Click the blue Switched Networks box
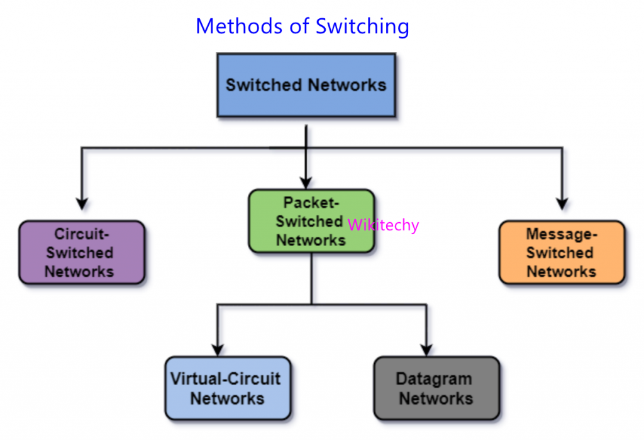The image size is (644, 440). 306,85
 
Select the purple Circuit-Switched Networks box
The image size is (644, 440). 82,252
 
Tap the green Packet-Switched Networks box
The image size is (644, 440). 311,222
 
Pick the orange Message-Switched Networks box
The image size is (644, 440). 562,252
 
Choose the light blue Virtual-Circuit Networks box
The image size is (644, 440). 228,388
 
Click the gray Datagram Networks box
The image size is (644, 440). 436,388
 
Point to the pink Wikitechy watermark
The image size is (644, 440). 382,225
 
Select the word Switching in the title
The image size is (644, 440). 362,27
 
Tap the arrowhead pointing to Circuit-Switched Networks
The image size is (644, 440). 81,203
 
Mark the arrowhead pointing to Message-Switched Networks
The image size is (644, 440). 562,203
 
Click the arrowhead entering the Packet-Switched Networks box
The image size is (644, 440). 306,183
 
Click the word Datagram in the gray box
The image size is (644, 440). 434,379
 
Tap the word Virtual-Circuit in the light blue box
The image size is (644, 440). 225,379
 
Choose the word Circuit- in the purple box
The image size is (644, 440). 82,234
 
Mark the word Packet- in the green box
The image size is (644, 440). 311,203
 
